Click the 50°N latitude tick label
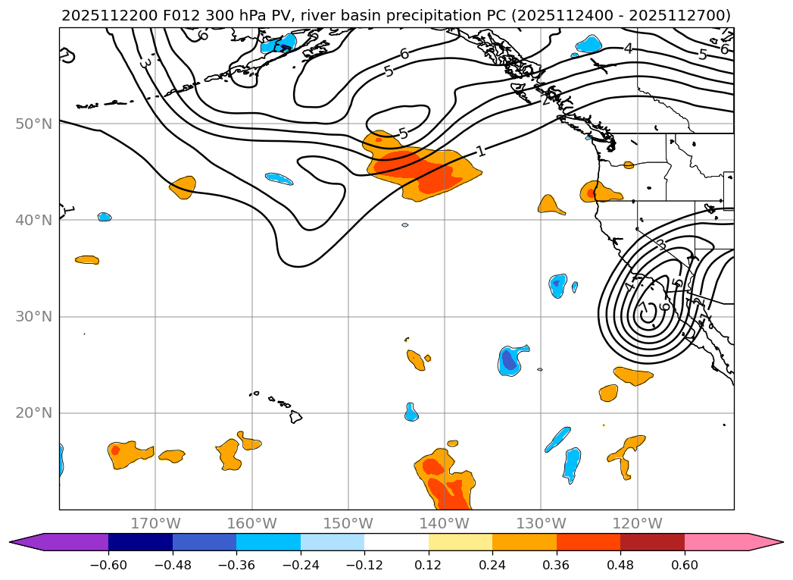[34, 124]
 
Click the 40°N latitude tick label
[34, 220]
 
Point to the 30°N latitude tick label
[34, 317]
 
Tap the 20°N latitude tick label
[34, 413]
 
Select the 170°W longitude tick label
[155, 523]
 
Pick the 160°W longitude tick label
[251, 523]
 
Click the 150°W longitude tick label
[348, 523]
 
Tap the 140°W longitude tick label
[445, 523]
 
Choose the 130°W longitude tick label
[541, 523]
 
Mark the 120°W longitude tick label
[637, 523]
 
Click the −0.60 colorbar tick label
[108, 565]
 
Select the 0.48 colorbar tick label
[620, 565]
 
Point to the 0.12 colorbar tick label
[429, 565]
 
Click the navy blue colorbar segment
[140, 542]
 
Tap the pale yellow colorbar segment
[461, 542]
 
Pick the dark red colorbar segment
[652, 542]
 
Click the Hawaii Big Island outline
[296, 417]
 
